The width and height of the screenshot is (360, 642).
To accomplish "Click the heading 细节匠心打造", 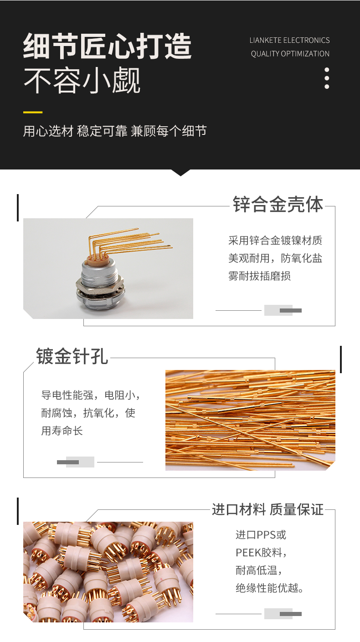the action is [107, 46].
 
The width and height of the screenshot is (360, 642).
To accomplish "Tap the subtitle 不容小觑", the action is [82, 80].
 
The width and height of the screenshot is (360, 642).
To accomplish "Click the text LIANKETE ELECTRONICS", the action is [289, 40].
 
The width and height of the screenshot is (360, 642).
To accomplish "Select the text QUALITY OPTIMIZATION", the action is [290, 54].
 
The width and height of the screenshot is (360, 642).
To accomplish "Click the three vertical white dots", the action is [327, 78].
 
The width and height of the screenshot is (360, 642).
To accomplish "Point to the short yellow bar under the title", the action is [33, 112].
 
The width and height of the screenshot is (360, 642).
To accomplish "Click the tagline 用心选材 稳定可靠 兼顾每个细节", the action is [115, 131].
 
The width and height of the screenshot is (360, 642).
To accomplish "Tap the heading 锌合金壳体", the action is [278, 204].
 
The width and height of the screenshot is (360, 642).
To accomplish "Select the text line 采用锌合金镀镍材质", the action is [275, 241].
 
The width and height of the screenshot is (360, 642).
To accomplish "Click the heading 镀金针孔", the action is [72, 356].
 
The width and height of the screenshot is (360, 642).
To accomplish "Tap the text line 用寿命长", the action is [62, 431].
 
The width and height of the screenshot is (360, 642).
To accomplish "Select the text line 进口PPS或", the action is [261, 535].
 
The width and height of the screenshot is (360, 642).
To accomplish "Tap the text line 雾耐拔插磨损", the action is [259, 276].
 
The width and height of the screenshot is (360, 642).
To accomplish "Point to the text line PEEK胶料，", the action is [261, 553].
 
